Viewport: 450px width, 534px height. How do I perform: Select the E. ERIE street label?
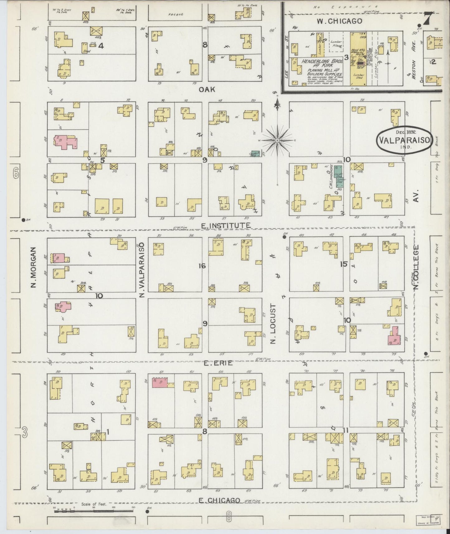[218, 363]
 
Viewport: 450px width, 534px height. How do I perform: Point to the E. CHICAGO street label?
[220, 500]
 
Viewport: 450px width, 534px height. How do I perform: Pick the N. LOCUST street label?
[273, 324]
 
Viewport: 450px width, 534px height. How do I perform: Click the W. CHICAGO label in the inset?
[339, 21]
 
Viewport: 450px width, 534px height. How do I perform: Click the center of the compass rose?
[277, 141]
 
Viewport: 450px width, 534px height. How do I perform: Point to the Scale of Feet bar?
[93, 510]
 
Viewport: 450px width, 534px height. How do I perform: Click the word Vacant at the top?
[175, 14]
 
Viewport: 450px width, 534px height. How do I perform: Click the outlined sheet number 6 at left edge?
[16, 174]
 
